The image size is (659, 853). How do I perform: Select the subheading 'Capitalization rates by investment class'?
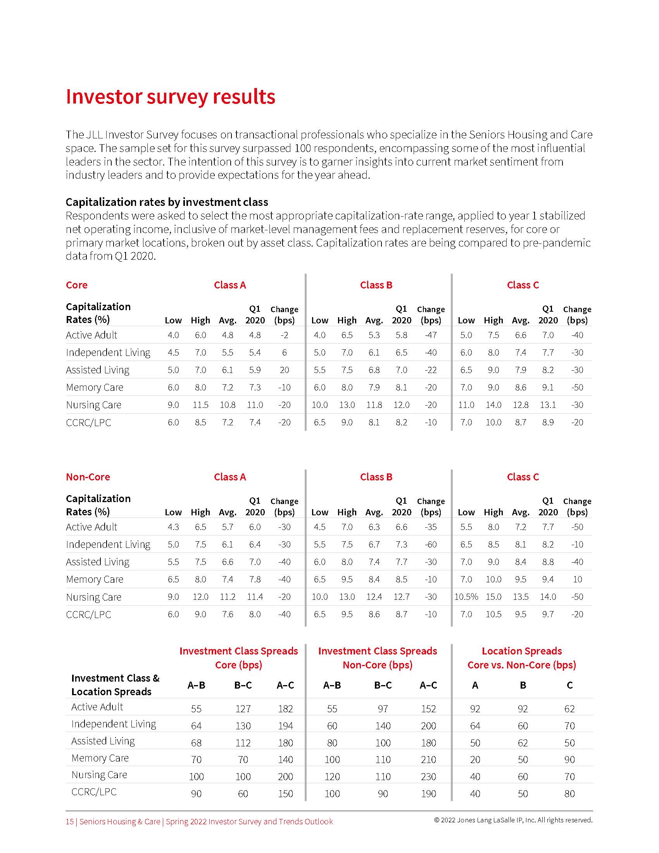tap(167, 202)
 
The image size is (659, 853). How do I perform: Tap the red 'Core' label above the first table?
tap(76, 285)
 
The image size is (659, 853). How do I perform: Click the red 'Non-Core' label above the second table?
tap(88, 477)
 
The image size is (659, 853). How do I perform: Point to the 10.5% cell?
tap(466, 597)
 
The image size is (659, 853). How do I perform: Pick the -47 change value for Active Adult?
tap(431, 335)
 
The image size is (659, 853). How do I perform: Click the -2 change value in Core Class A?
tap(284, 335)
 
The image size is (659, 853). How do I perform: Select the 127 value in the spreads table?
tap(243, 708)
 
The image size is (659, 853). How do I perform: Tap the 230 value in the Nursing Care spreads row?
tap(428, 777)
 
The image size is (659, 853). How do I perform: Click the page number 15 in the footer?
tap(69, 821)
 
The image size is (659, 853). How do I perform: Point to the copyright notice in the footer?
tap(513, 820)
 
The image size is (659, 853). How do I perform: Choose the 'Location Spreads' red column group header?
tap(521, 651)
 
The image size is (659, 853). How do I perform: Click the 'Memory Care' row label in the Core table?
tap(95, 387)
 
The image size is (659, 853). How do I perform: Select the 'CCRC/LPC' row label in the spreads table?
tap(94, 792)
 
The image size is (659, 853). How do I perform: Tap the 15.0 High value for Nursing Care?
tap(493, 597)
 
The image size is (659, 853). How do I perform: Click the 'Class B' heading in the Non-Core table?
tap(376, 477)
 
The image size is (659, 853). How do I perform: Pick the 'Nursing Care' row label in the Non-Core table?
tap(94, 597)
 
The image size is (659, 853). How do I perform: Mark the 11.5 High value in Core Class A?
tap(200, 405)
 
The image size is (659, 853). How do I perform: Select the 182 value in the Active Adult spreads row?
tap(285, 708)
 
